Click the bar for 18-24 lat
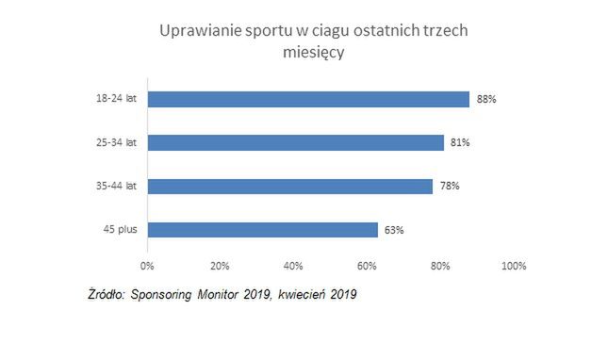(308, 99)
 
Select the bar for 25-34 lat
(295, 142)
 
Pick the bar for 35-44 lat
(289, 186)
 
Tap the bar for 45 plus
(262, 229)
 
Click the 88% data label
(486, 99)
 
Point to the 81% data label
(460, 142)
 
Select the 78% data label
(450, 186)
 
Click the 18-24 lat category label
(119, 99)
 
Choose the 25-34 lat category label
(119, 142)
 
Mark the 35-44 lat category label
(119, 186)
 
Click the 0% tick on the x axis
(147, 265)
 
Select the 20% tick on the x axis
(220, 265)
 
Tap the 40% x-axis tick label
(293, 265)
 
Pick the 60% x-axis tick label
(367, 265)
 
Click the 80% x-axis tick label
(440, 265)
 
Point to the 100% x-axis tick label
(514, 265)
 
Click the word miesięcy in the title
(313, 54)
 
